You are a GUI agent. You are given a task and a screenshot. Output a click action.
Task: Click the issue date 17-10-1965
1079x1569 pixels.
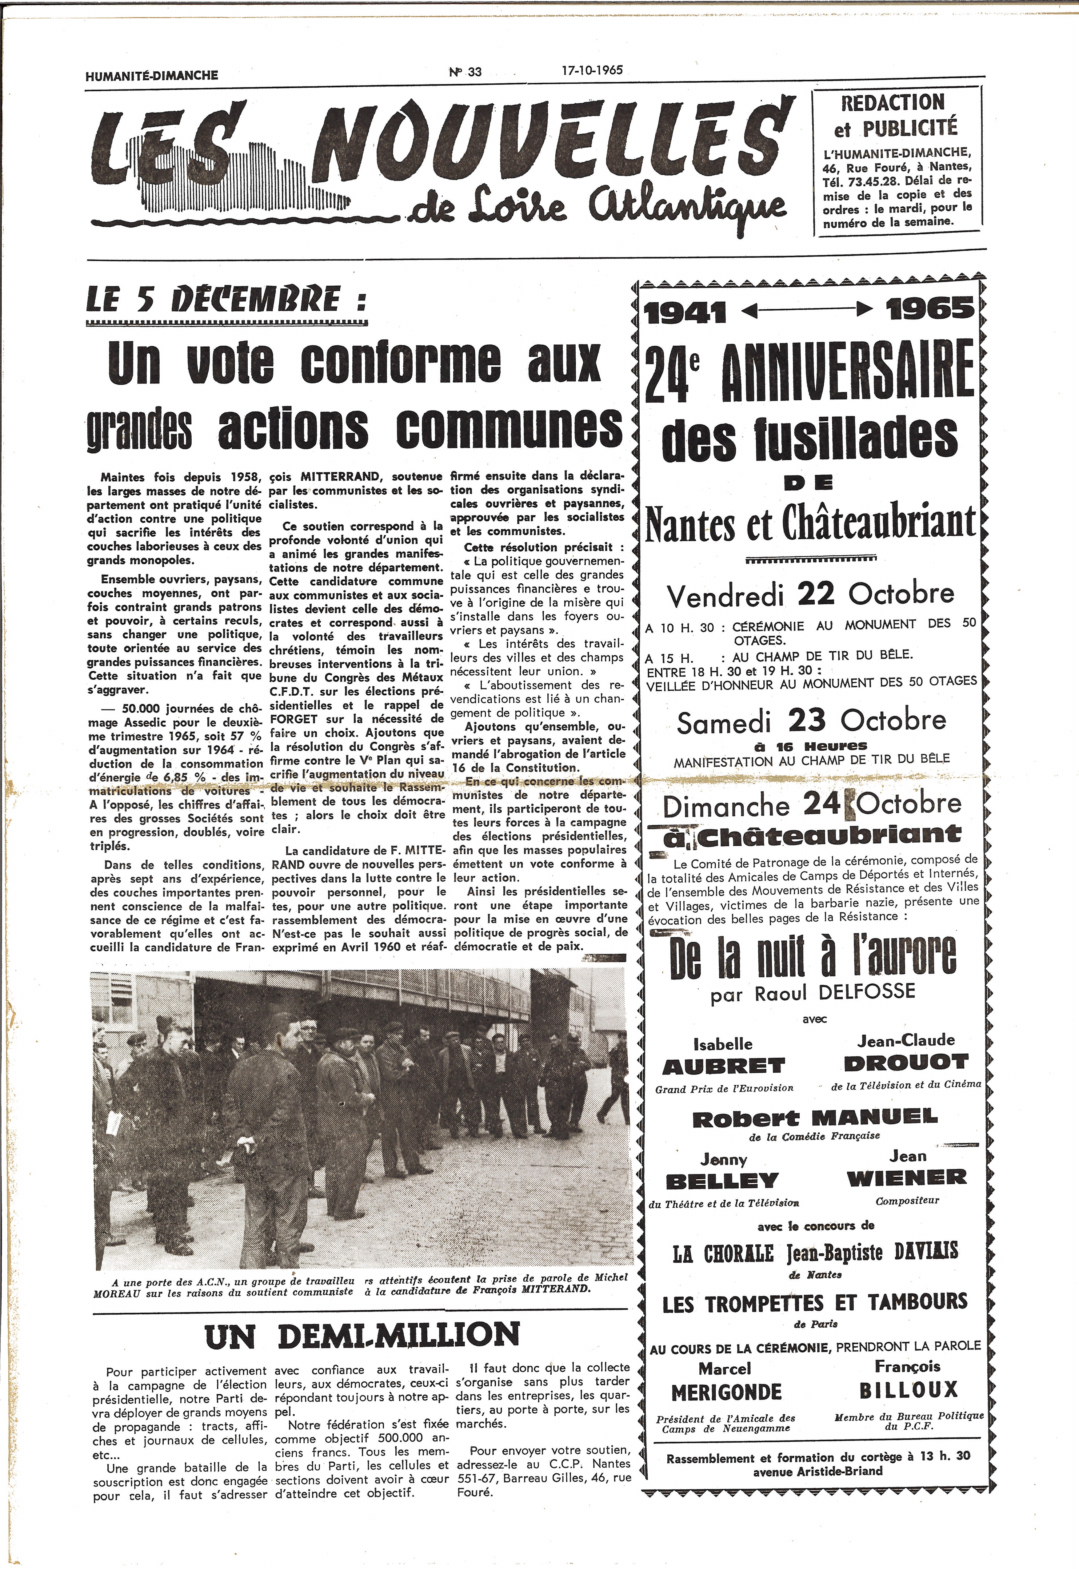[x=592, y=70]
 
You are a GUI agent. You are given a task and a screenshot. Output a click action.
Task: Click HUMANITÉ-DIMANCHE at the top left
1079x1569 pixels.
[x=152, y=75]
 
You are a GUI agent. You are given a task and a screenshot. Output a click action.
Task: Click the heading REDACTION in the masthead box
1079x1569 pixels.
[x=893, y=103]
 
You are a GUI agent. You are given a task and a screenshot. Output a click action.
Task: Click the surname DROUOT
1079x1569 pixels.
[x=906, y=1063]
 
